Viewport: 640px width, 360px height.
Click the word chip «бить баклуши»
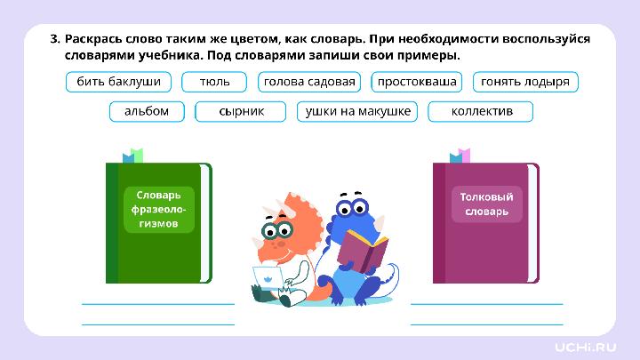(x=118, y=83)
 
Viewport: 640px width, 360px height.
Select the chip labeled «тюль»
(x=214, y=83)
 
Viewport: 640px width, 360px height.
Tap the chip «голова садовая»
(x=309, y=83)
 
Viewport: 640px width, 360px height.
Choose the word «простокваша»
(x=417, y=83)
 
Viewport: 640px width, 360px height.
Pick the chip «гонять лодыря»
(x=524, y=83)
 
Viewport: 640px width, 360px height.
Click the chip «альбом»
(x=147, y=111)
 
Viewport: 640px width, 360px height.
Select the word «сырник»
(x=242, y=111)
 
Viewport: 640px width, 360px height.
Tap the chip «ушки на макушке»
(x=357, y=111)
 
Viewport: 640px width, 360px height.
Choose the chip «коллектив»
(x=481, y=111)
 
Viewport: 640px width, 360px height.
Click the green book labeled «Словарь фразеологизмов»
(x=158, y=222)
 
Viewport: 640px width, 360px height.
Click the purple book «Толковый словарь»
(x=485, y=222)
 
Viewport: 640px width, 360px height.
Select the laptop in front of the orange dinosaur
(x=268, y=282)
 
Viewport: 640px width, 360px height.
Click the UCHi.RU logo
(x=586, y=345)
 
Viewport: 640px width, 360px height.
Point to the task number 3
(x=54, y=39)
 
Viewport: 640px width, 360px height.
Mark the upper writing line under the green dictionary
(x=158, y=304)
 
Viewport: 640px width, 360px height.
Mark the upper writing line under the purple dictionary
(x=486, y=304)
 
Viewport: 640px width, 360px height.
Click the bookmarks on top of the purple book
(x=460, y=156)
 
